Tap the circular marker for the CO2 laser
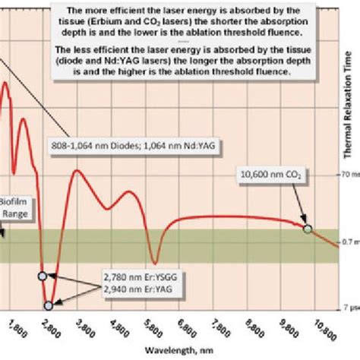[308, 228]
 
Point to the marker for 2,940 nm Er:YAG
[48, 306]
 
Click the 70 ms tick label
[349, 174]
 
